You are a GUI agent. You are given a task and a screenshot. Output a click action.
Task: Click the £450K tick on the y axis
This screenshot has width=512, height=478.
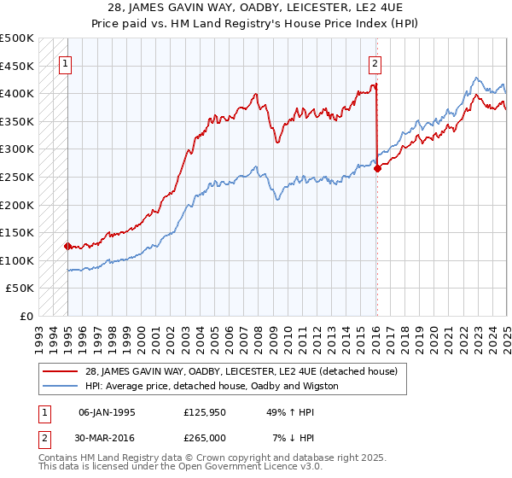(17, 66)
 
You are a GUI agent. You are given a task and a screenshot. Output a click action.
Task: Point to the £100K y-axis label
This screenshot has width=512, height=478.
(17, 260)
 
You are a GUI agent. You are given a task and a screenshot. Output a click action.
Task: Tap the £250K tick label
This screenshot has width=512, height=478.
(17, 177)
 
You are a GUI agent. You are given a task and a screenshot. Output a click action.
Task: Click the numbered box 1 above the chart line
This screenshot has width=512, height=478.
(65, 61)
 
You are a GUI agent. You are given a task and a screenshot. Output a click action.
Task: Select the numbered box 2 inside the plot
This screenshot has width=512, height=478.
(374, 61)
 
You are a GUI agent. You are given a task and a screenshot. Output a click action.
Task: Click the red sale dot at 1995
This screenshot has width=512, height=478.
(67, 246)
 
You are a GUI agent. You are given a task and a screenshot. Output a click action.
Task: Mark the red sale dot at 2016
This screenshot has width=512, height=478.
(377, 168)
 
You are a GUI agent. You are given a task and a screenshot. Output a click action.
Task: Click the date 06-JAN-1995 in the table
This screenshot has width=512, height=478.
(107, 412)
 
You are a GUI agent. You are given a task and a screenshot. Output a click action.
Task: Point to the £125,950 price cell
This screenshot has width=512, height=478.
(203, 412)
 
